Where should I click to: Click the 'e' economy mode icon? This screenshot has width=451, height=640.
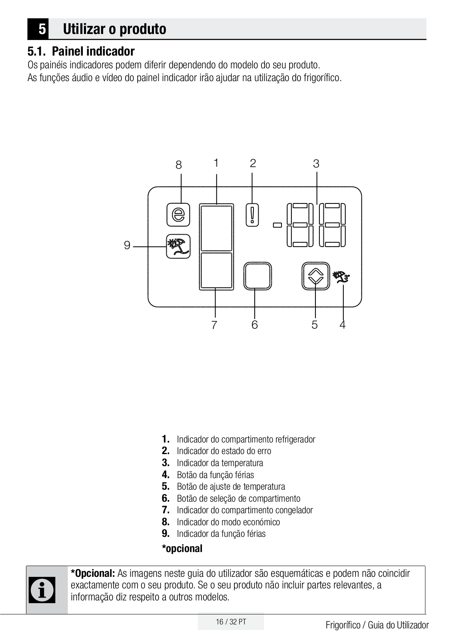[x=178, y=215]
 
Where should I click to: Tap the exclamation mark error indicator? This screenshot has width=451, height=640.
[x=252, y=215]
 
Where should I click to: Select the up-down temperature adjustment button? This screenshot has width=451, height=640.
[x=315, y=276]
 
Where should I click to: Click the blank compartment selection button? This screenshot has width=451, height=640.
[x=257, y=276]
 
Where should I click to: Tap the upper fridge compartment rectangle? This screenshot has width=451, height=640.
[x=216, y=228]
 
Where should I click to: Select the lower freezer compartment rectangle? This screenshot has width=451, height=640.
[x=216, y=270]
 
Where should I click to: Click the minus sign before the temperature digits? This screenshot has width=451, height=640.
[x=277, y=225]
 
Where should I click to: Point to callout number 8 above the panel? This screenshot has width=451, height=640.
[x=179, y=165]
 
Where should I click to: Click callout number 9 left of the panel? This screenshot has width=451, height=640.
[x=127, y=245]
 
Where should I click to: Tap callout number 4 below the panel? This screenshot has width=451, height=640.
[x=343, y=325]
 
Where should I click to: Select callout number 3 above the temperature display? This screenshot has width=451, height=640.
[x=316, y=163]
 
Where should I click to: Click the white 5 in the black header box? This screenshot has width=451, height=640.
[x=42, y=29]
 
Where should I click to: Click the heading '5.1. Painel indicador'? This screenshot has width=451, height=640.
[x=81, y=51]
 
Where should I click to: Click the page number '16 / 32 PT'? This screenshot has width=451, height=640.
[x=231, y=622]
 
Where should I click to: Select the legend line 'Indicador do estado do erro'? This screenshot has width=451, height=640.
[x=224, y=451]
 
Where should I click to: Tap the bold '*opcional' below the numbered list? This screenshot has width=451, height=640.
[x=182, y=548]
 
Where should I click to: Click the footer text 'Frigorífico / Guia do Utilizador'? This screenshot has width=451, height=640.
[x=377, y=625]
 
